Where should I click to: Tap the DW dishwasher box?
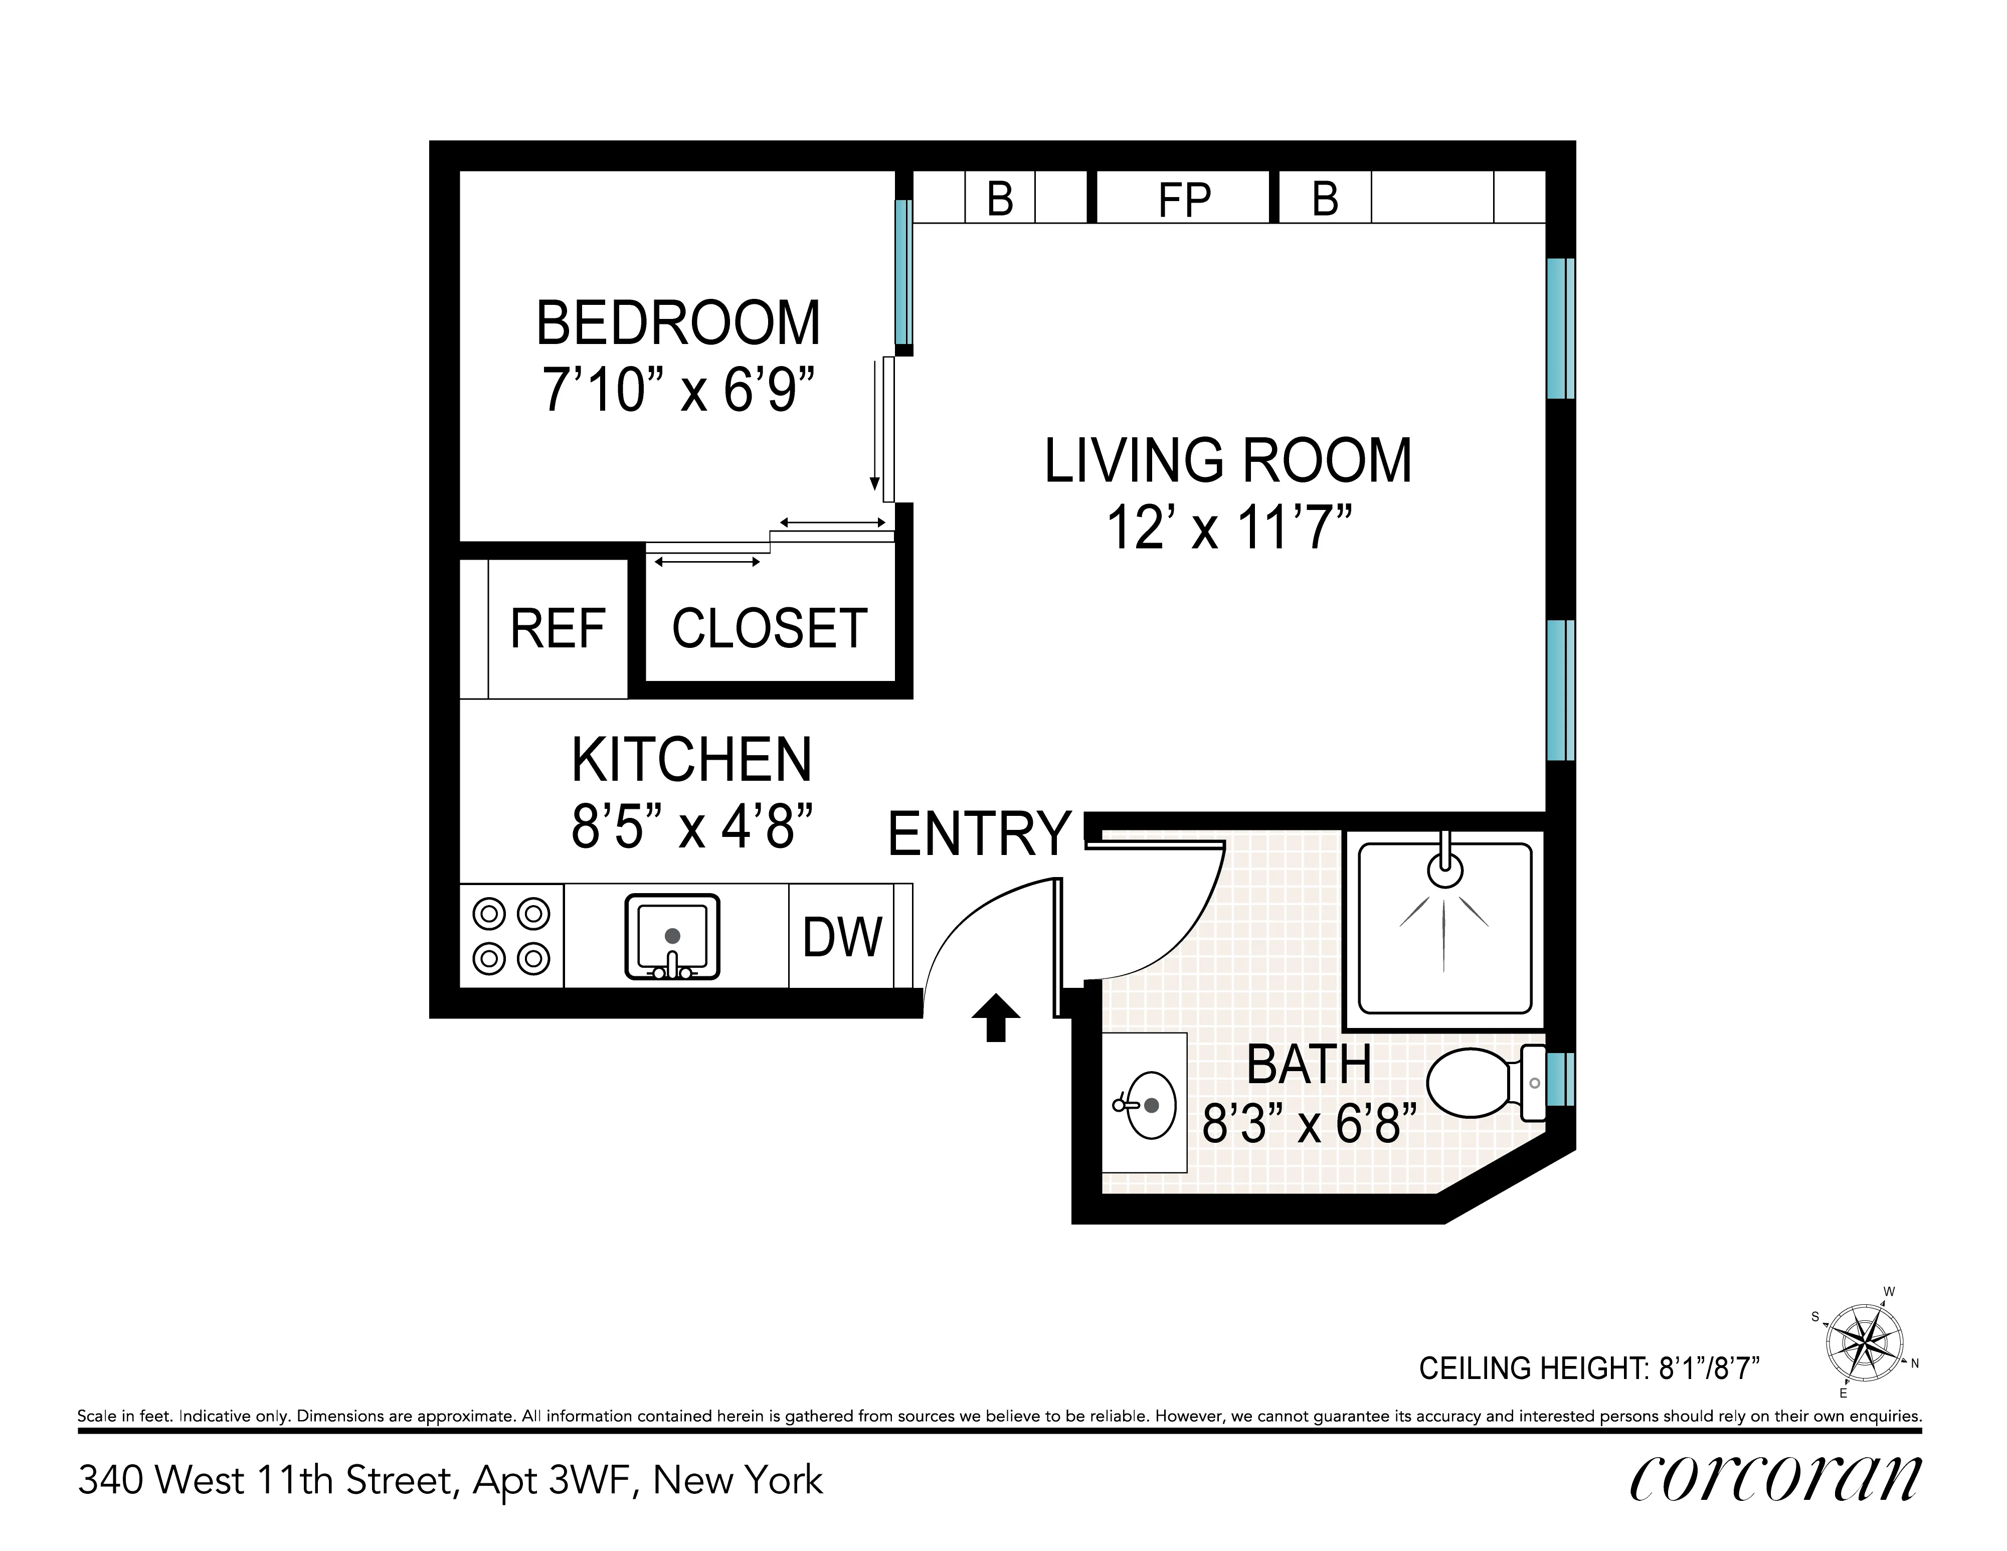click(842, 937)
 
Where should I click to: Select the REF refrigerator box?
click(557, 629)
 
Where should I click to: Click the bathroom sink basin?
click(1149, 1104)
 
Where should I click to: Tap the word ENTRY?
click(980, 833)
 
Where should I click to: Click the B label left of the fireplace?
click(1000, 199)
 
